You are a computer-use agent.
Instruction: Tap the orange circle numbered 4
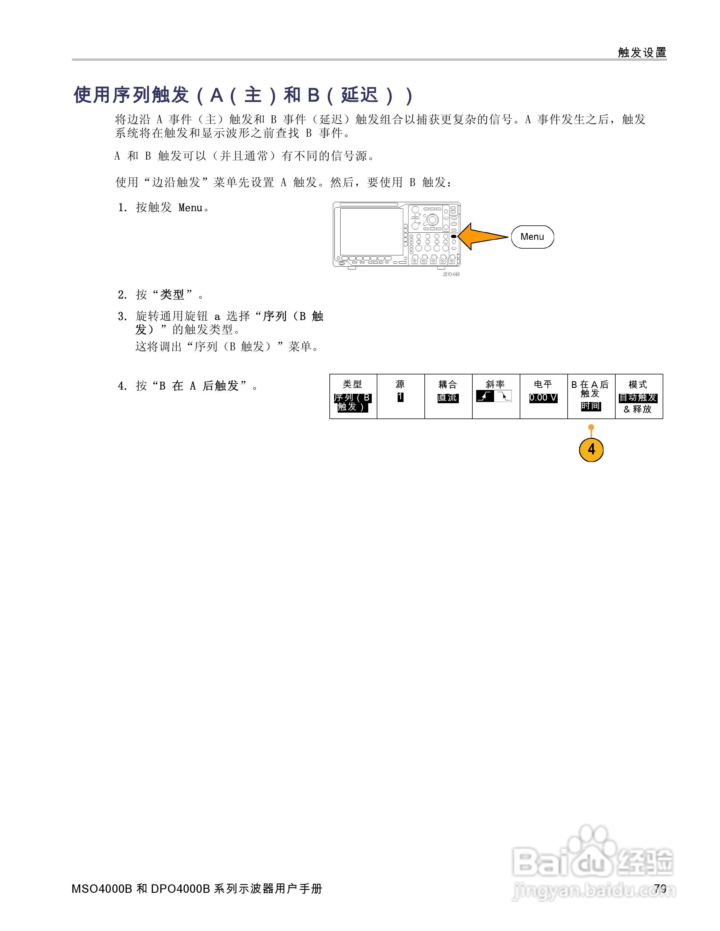pos(591,449)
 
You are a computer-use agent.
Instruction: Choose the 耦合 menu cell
pos(448,396)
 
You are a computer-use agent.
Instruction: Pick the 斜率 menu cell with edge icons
pos(496,396)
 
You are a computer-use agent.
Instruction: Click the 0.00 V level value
pos(543,398)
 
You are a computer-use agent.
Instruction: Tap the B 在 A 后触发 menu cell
pos(591,396)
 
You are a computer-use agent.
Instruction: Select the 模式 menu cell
pos(639,396)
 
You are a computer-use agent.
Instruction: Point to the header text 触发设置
pos(642,52)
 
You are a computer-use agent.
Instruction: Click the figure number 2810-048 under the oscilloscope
pos(451,274)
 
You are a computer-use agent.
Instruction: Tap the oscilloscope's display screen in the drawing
pos(371,232)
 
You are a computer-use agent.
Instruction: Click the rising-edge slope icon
pos(485,397)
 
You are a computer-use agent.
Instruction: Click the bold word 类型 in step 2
pos(172,294)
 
